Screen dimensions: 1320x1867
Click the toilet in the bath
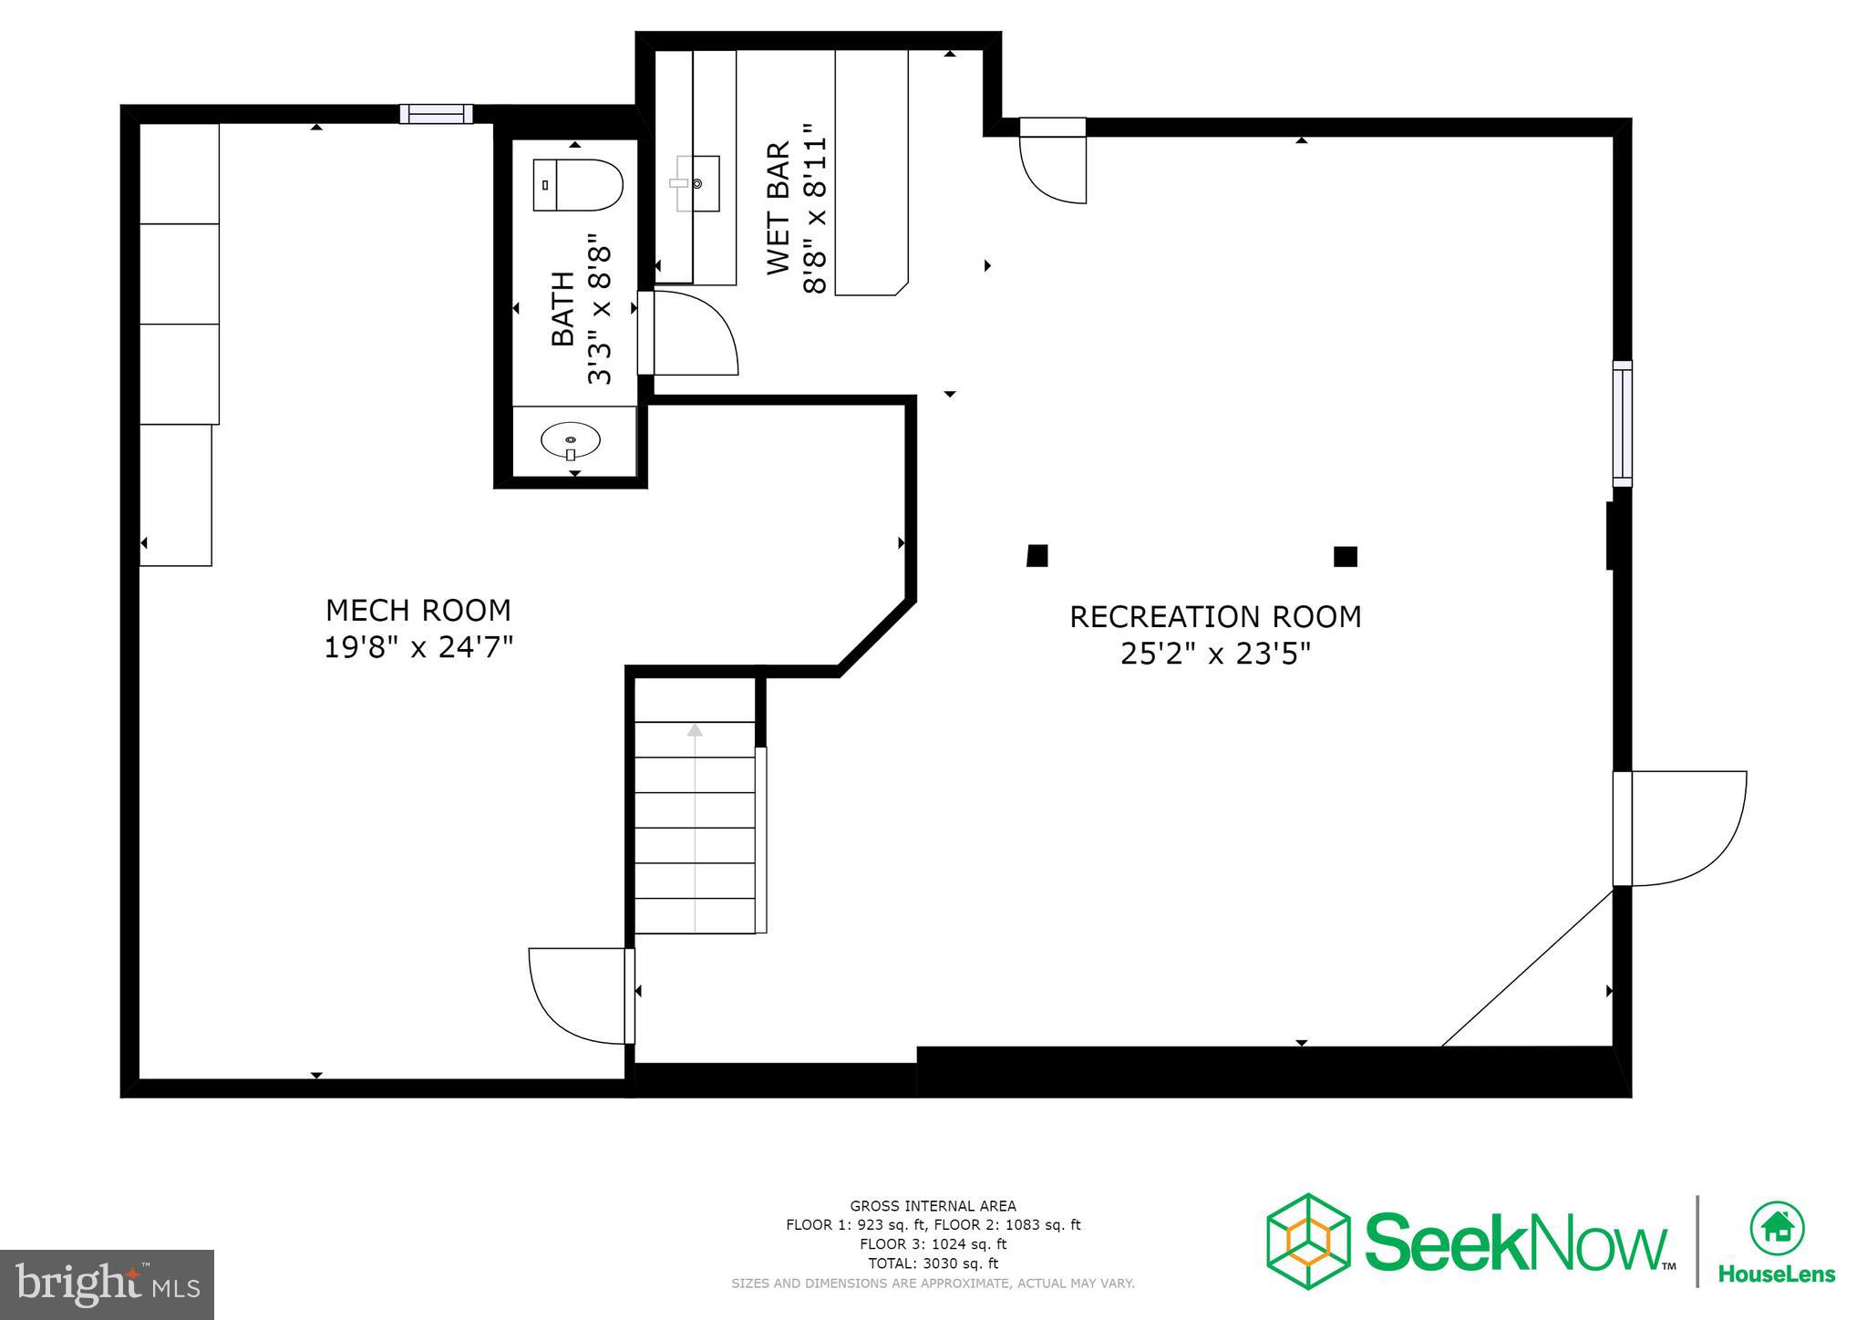(577, 185)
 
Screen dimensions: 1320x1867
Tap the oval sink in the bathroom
(571, 441)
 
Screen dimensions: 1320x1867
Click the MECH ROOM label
(418, 610)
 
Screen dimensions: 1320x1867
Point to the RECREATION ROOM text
(1215, 617)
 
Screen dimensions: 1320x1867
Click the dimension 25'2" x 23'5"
(1215, 654)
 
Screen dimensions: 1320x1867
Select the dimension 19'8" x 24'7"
(418, 647)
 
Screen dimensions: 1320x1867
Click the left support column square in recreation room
(1037, 555)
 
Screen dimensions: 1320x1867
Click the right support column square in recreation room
(1346, 556)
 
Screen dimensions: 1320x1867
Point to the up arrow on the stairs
(695, 730)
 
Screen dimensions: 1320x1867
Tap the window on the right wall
(1623, 422)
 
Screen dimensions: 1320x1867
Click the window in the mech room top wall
(437, 114)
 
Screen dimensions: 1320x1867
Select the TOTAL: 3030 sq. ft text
(933, 1263)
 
